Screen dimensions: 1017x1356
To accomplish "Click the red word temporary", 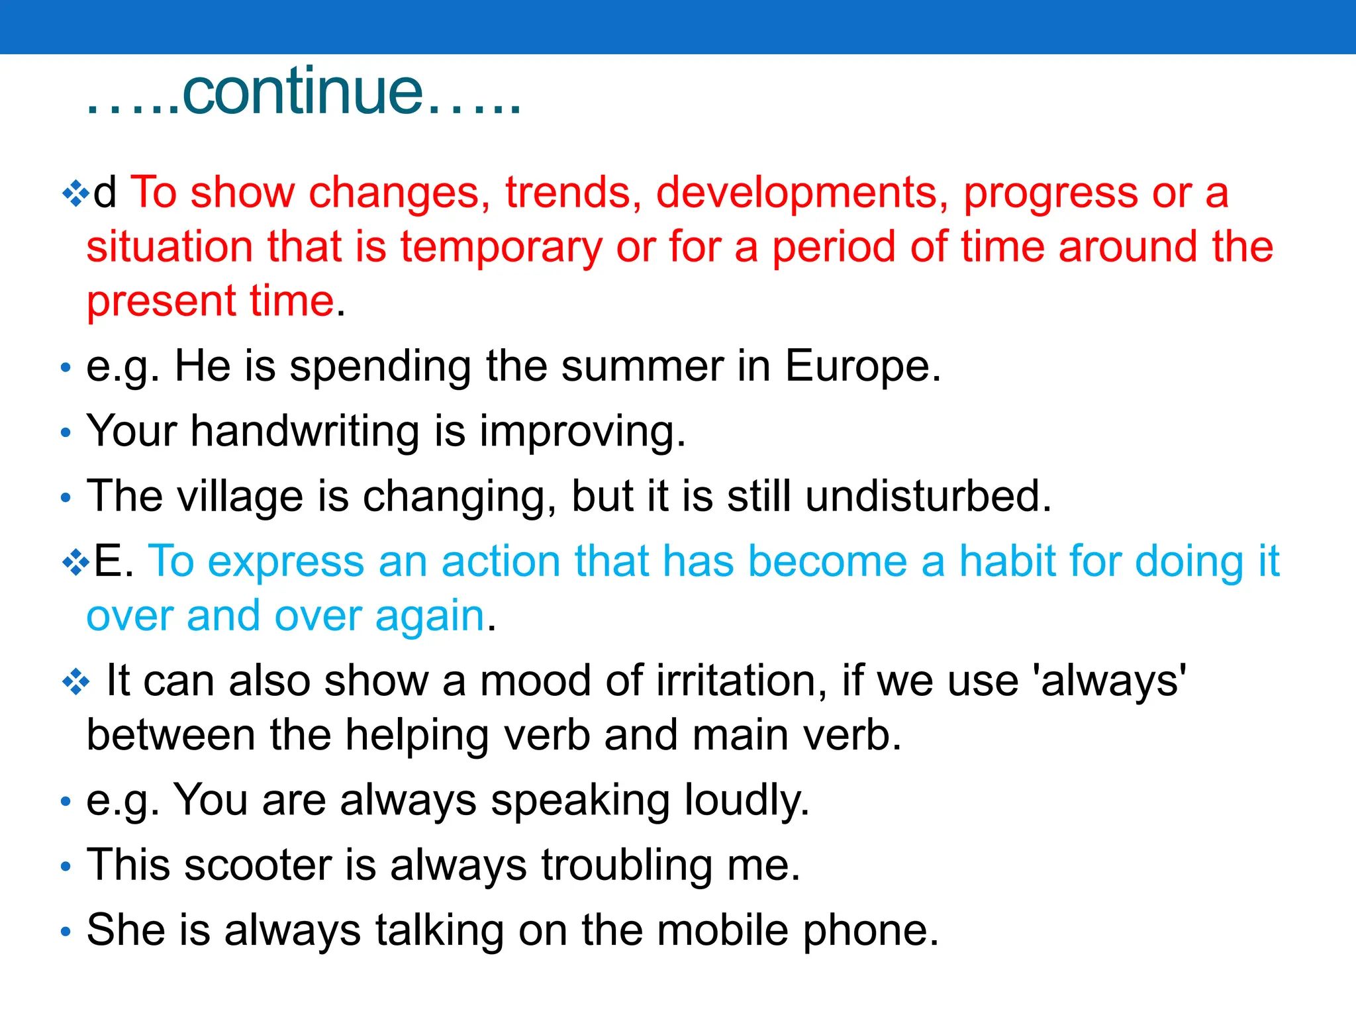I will (501, 247).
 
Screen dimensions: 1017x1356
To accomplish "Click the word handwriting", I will (305, 431).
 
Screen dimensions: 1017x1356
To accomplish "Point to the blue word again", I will (430, 616).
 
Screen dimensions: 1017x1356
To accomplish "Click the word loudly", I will (746, 800).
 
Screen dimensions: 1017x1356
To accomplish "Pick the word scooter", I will (258, 865).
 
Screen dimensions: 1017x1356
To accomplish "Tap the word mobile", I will (723, 930).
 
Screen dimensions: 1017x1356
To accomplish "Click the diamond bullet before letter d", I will (75, 193).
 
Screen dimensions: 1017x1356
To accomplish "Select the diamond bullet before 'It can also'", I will (75, 682).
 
